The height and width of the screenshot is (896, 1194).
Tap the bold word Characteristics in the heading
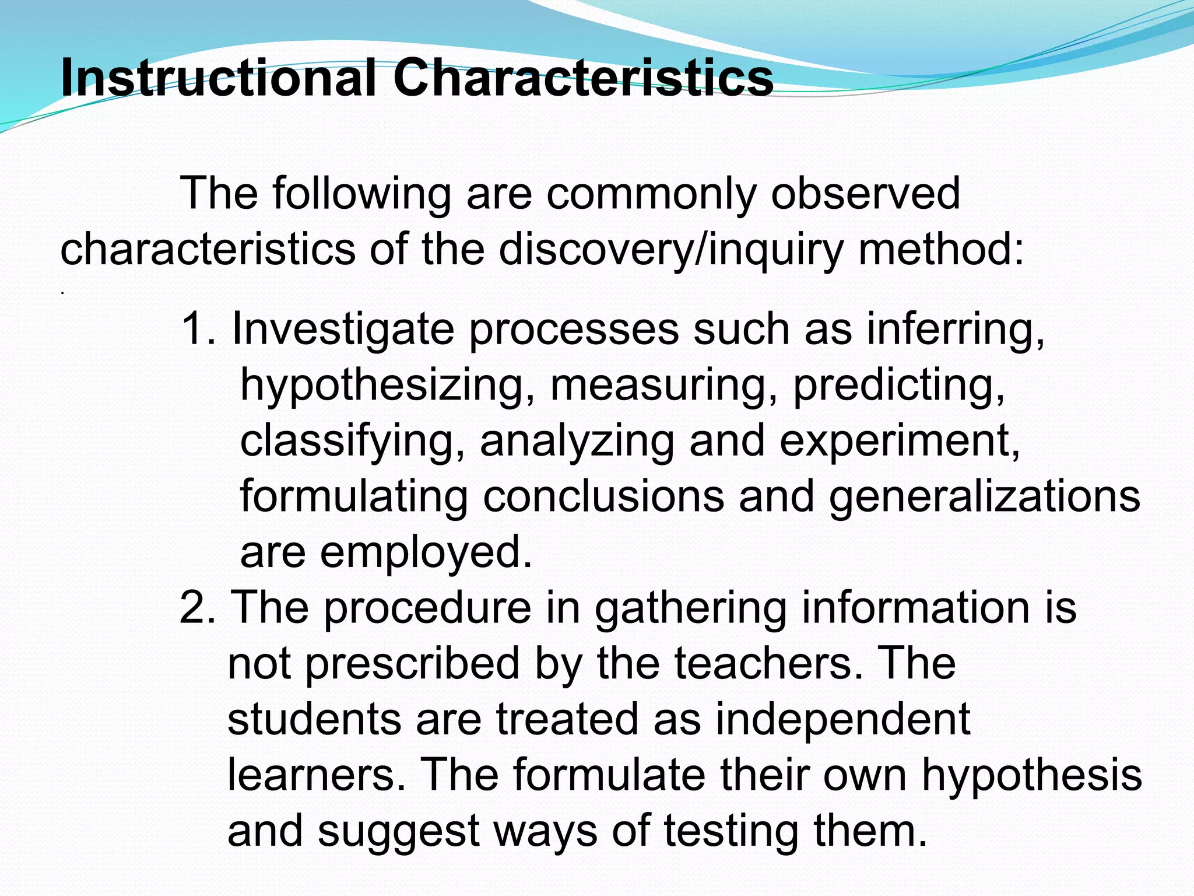pos(583,79)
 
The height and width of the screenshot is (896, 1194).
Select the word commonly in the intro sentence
pos(651,194)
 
